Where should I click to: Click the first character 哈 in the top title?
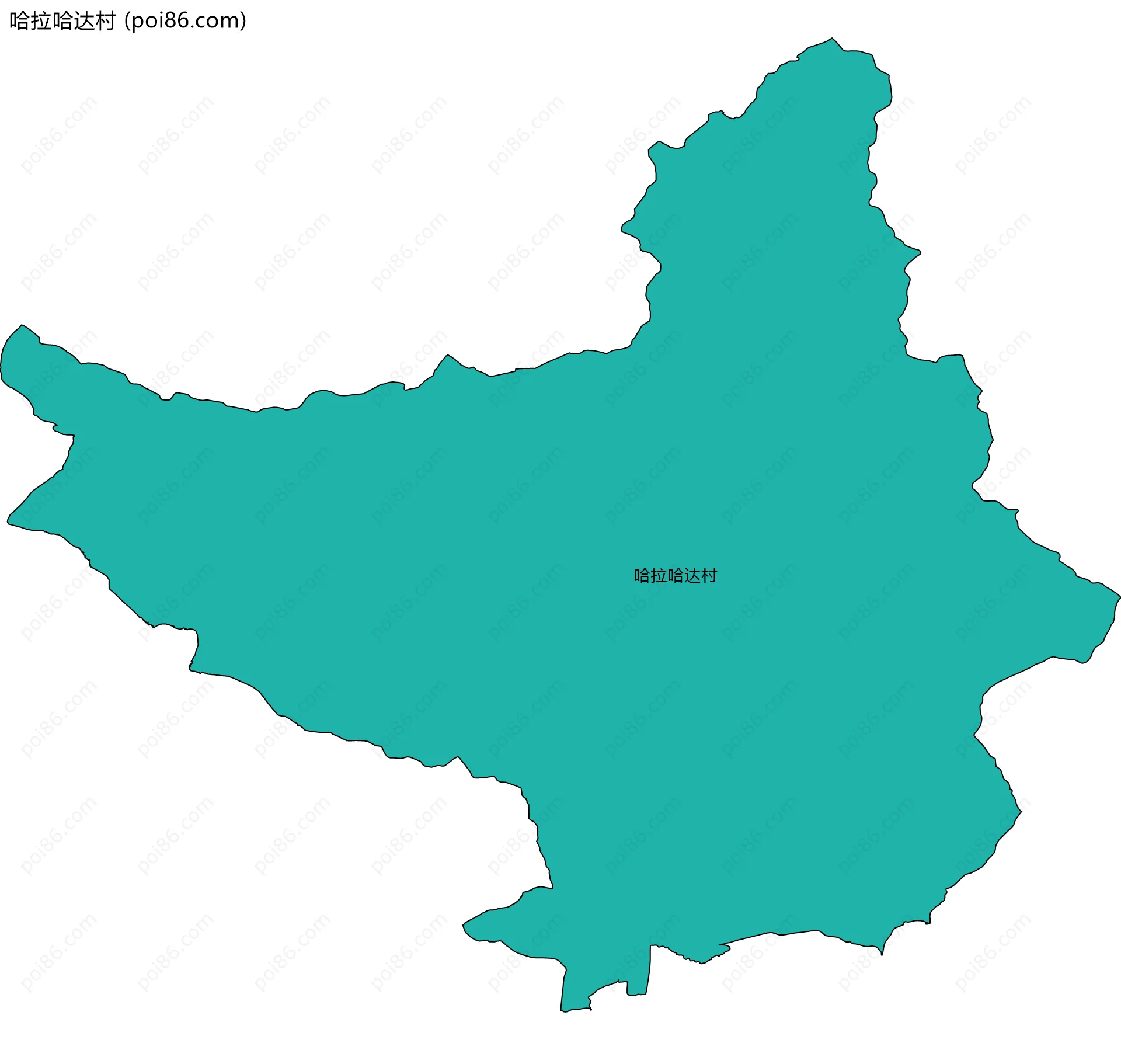[x=19, y=21]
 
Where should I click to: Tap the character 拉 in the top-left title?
[x=40, y=21]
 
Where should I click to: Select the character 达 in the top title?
[x=83, y=21]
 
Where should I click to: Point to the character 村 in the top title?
[x=105, y=21]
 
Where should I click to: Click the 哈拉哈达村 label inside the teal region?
[x=676, y=576]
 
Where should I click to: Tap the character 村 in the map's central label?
[x=709, y=576]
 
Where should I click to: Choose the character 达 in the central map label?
[x=692, y=576]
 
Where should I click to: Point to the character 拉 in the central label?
[x=659, y=576]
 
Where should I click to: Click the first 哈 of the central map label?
[x=642, y=576]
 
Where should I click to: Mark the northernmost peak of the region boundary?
[x=832, y=39]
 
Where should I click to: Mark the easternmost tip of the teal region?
[x=1120, y=597]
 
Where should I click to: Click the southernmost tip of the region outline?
[x=563, y=1011]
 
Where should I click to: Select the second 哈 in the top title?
[x=62, y=21]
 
